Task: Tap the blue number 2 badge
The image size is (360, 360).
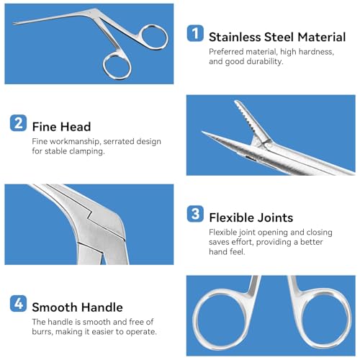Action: (x=19, y=123)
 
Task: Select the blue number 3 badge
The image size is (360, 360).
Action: (x=195, y=215)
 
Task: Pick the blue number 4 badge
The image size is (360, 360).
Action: (x=19, y=306)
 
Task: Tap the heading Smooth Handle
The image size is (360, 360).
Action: (x=77, y=308)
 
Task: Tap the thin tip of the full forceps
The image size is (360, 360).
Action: (x=16, y=29)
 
